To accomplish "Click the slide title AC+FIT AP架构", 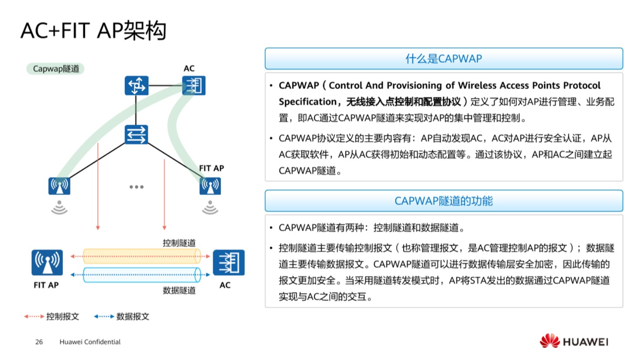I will (93, 31).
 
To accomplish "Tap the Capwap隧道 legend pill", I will (55, 69).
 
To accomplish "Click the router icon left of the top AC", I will (136, 86).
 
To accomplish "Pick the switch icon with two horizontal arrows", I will (136, 134).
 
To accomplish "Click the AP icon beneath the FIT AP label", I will (210, 187).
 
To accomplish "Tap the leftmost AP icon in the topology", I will (59, 186).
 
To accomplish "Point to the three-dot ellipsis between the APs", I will (136, 187).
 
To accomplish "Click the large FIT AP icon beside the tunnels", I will (47, 263).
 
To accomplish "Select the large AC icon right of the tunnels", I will (229, 263).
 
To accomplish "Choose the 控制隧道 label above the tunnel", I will (179, 243).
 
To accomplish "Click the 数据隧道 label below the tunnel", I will (179, 290).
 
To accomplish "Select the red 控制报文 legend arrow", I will (34, 317).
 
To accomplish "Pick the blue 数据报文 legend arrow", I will (104, 317).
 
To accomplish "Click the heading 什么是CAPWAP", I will (444, 59).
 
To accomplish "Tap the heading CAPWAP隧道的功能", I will (444, 201).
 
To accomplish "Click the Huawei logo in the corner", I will (574, 342).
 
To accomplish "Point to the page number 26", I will (39, 342).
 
